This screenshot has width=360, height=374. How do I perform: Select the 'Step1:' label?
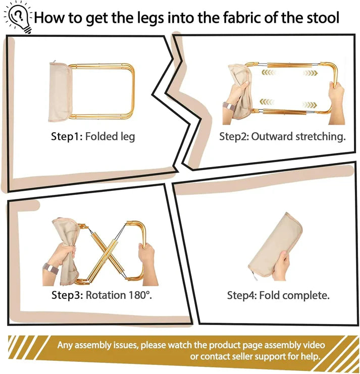(67, 137)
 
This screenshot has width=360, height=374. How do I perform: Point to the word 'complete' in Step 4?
(308, 296)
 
